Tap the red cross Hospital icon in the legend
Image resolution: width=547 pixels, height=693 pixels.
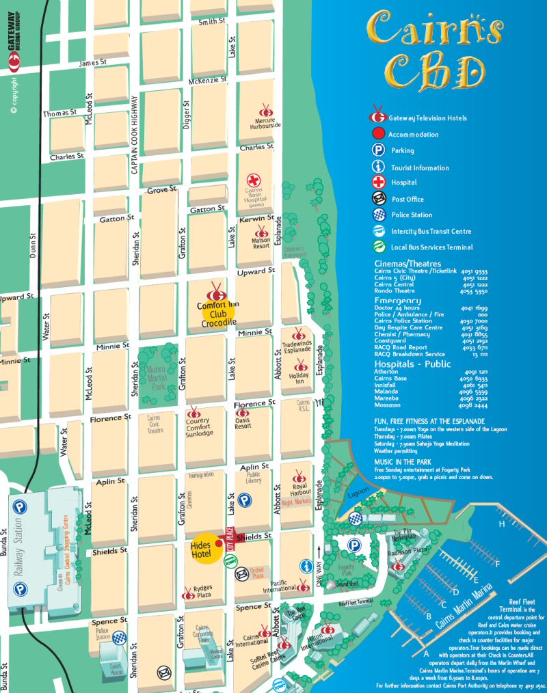pyautogui.click(x=378, y=182)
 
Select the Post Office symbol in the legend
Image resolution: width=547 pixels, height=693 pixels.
pyautogui.click(x=378, y=199)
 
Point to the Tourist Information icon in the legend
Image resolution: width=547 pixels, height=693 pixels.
pyautogui.click(x=378, y=167)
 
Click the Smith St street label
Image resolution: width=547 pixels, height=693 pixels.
pyautogui.click(x=211, y=22)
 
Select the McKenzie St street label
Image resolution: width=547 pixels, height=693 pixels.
pyautogui.click(x=208, y=81)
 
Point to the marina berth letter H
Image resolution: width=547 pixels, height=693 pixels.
pyautogui.click(x=501, y=524)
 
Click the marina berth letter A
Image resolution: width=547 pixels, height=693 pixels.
pyautogui.click(x=426, y=653)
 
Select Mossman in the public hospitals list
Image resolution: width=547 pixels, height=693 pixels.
pyautogui.click(x=388, y=406)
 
